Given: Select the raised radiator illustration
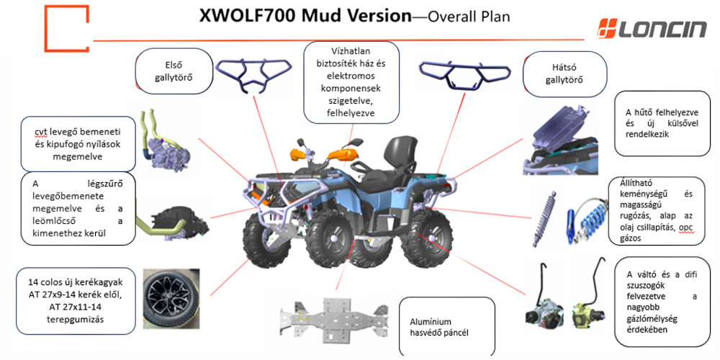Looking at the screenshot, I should [x=565, y=137].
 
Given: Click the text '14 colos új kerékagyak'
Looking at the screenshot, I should [x=69, y=282].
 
